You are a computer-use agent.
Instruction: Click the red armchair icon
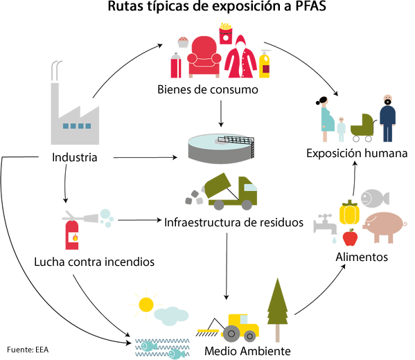(204, 57)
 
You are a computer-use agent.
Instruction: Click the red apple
(350, 237)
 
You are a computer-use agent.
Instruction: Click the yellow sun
(145, 305)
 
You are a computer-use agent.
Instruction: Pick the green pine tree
(277, 309)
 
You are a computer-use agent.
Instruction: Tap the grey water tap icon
(325, 226)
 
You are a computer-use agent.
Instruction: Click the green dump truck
(230, 192)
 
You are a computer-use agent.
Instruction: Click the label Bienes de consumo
(208, 89)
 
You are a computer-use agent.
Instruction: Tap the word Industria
(75, 157)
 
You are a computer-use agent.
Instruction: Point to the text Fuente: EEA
(28, 350)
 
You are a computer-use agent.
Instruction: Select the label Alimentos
(362, 257)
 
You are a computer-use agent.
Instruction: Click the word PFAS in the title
(310, 6)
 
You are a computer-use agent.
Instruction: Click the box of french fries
(225, 34)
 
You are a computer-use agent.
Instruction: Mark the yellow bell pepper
(349, 212)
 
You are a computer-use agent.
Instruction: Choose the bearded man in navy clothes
(387, 118)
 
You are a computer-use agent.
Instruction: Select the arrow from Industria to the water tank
(145, 158)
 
